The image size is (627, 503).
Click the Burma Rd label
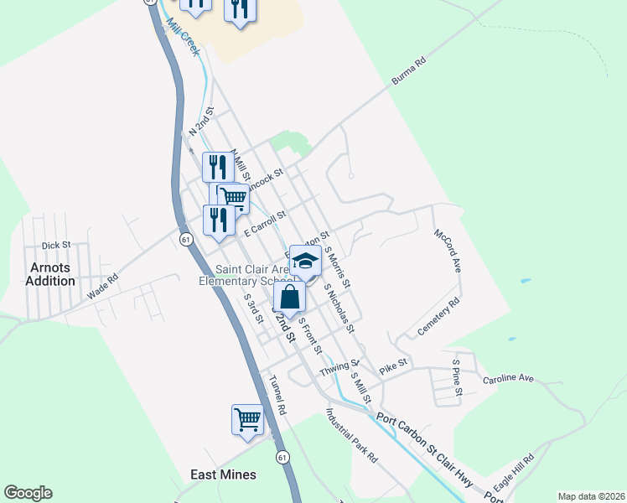[x=409, y=72]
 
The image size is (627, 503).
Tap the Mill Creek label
[x=184, y=38]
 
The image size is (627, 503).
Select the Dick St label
[x=55, y=246]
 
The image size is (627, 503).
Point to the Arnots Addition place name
[x=50, y=274]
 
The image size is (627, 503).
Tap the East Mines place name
[x=222, y=474]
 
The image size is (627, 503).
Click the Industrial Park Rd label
[x=352, y=436]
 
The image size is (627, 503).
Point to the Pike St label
[x=392, y=365]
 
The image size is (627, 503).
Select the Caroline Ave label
[x=508, y=379]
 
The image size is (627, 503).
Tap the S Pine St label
[x=457, y=372]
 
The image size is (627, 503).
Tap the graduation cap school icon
[x=305, y=261]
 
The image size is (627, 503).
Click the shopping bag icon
[x=289, y=297]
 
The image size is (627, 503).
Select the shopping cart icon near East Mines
[x=247, y=419]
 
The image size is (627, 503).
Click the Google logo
[x=28, y=493]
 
